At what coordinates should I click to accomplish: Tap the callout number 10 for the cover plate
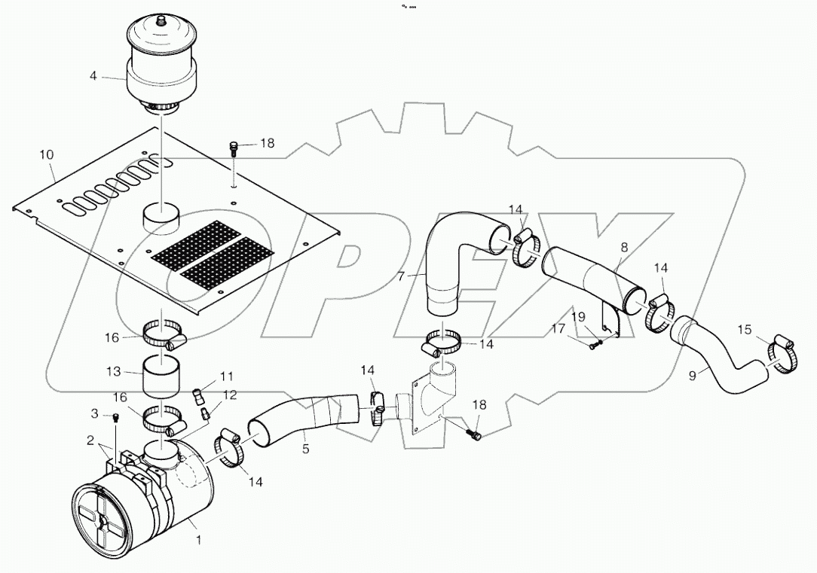(x=46, y=154)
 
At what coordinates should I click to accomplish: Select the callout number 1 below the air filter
(x=199, y=539)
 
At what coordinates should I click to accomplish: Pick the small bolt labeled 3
(x=115, y=418)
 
